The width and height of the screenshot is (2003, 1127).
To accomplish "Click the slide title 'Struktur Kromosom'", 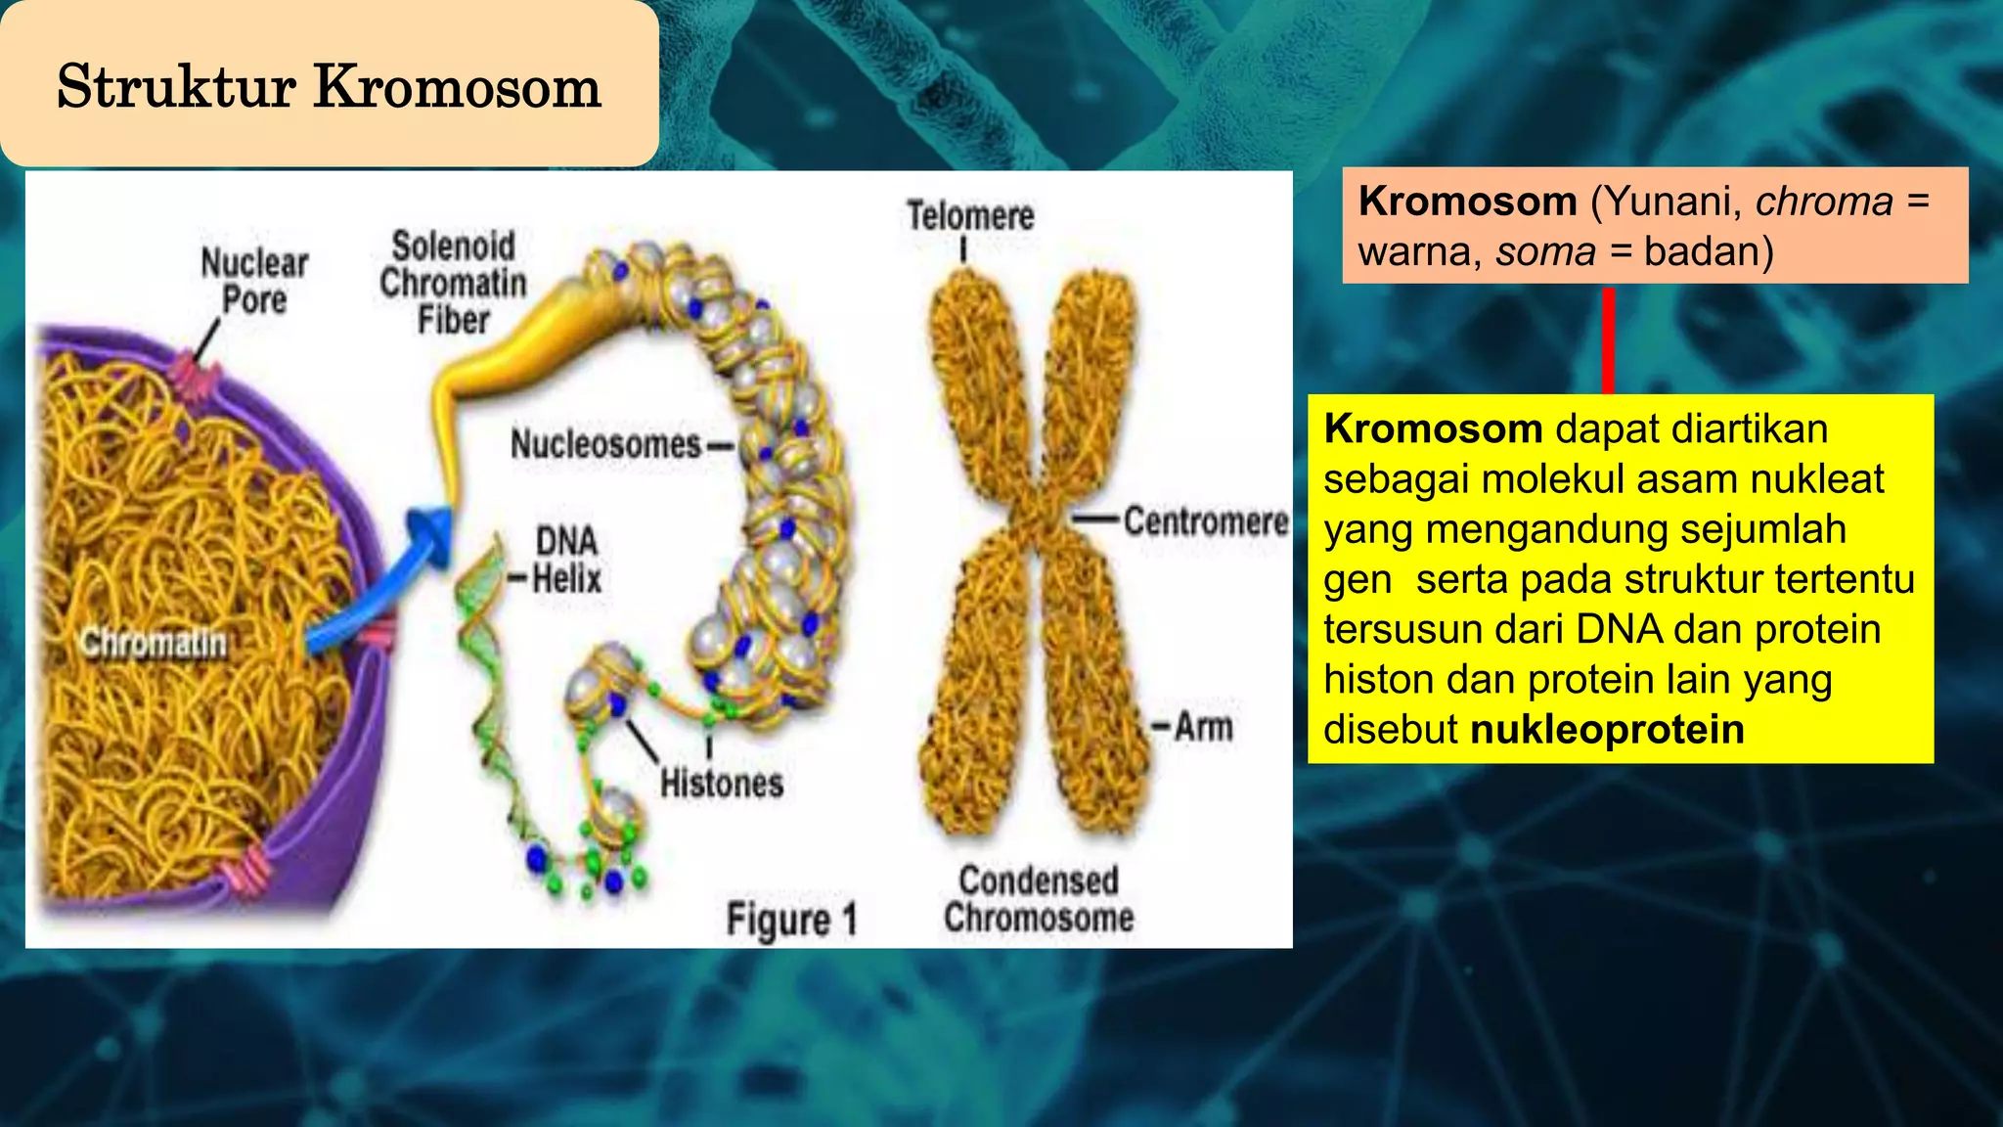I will [329, 86].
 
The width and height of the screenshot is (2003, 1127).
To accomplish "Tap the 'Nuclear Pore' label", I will [254, 281].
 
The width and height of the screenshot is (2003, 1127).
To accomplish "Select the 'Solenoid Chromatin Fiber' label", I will [453, 283].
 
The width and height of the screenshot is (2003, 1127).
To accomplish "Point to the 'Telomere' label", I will [969, 216].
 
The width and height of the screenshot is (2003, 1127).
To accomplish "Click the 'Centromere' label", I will [1205, 521].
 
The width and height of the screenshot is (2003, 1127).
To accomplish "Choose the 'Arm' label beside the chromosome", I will [1203, 727].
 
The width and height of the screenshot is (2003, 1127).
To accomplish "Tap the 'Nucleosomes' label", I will [606, 445].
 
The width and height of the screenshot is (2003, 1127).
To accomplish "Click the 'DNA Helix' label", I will [566, 560].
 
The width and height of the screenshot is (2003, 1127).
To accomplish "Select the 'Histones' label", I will [722, 784].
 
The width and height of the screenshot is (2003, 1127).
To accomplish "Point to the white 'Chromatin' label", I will [154, 644].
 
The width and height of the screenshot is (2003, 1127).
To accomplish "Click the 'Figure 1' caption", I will [791, 920].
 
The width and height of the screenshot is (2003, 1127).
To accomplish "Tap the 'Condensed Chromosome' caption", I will [1039, 899].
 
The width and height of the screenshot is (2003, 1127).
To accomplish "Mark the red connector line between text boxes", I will [1608, 339].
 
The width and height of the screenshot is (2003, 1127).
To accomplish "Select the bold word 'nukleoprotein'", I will [1607, 730].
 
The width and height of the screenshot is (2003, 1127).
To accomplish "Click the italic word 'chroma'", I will [1824, 202].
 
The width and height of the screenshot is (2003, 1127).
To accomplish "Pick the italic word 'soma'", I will [1545, 252].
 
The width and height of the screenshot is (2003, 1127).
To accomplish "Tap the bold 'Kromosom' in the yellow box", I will [1433, 429].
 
